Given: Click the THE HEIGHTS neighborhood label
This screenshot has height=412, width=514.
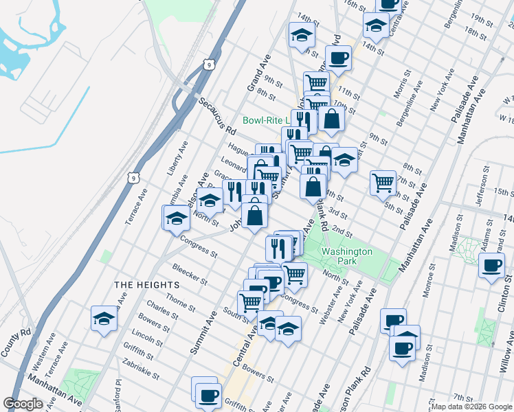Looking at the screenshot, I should point(146,284).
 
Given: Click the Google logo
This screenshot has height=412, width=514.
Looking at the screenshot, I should point(23,404).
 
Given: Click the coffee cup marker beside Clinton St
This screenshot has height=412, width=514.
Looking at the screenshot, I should point(491,266).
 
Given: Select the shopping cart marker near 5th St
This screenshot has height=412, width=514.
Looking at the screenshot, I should point(383,182).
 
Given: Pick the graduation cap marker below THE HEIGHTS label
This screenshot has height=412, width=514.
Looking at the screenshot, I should point(104,318).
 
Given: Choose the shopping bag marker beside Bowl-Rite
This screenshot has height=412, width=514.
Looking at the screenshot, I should point(331,118).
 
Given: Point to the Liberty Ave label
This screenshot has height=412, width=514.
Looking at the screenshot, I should point(177,159).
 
